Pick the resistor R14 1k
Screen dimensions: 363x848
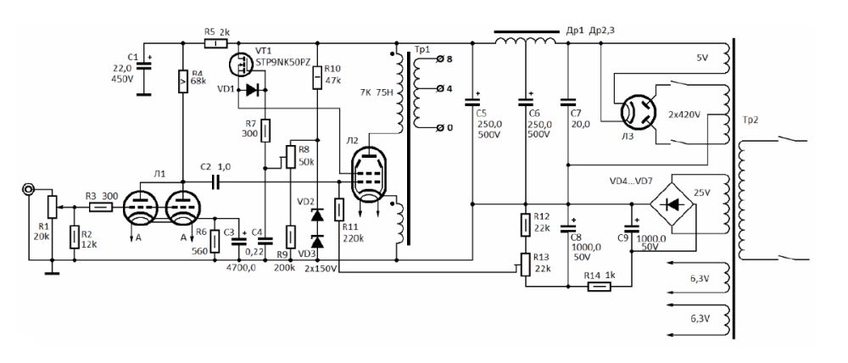600,286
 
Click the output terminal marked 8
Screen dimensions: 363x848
439,59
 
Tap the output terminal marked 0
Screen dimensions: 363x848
439,128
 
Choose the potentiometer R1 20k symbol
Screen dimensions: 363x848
52,206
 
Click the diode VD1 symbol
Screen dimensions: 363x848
251,90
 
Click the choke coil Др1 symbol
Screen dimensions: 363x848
521,40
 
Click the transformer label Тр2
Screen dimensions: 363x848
751,119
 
